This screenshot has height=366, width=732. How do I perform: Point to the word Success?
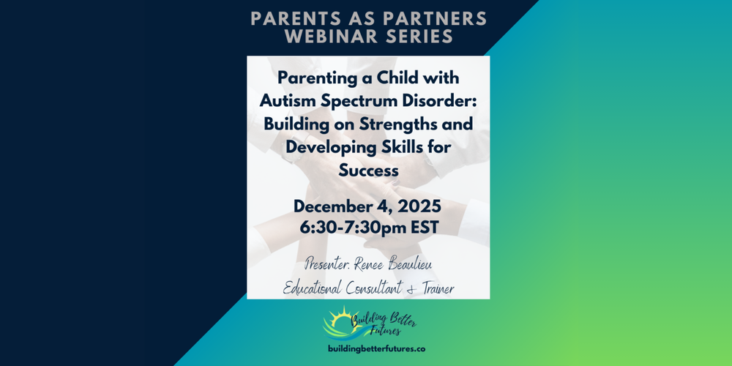(368, 171)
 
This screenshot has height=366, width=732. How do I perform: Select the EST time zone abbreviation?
(424, 228)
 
